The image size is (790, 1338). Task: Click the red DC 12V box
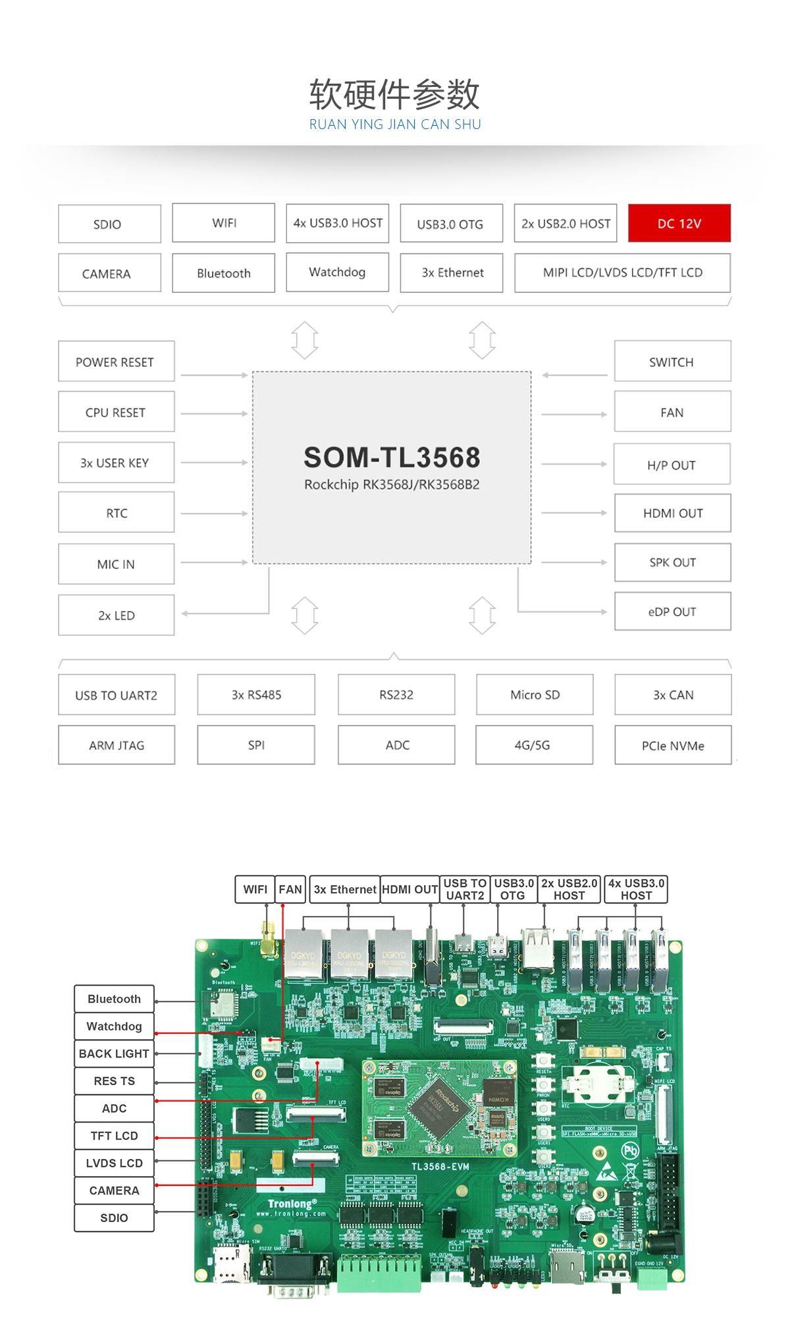679,223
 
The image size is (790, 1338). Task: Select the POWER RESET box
116,361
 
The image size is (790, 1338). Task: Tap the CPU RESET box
116,412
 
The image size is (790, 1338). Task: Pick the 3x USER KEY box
116,462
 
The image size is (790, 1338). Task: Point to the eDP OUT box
672,612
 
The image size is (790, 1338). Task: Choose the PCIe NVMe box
673,745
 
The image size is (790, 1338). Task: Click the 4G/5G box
534,745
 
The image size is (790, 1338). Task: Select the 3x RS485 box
256,695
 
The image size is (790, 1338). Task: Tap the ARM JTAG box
117,745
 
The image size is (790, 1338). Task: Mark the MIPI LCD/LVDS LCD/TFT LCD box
622,273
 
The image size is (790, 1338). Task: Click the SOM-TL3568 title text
392,457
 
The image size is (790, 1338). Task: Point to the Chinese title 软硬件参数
394,94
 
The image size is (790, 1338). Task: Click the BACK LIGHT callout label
114,1054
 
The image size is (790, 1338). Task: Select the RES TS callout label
114,1081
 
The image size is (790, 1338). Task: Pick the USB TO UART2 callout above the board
465,890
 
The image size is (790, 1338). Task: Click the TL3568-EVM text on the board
440,1166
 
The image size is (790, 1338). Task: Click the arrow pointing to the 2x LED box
186,614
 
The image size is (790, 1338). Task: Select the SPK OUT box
672,562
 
